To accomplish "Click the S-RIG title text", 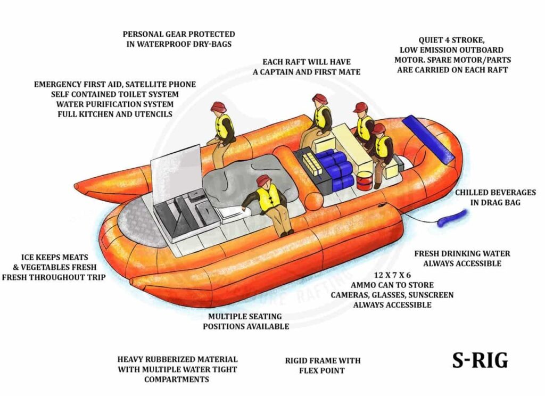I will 480,360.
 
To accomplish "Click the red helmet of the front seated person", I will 263,180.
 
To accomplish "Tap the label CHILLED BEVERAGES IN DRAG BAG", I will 495,197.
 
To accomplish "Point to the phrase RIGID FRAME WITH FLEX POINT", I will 323,365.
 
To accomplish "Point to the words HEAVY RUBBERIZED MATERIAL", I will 177,360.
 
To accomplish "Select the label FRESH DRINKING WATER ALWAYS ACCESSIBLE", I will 462,259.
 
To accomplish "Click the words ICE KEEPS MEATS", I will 54,257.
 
